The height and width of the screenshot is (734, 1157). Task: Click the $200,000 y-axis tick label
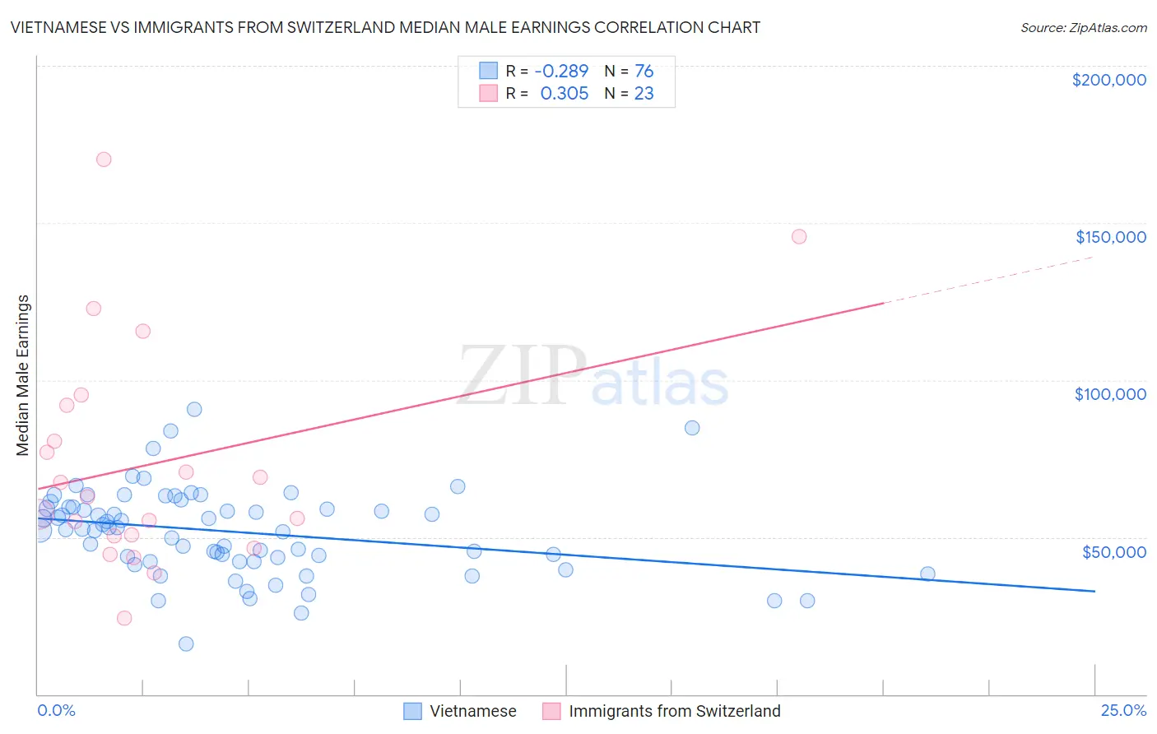pyautogui.click(x=1108, y=80)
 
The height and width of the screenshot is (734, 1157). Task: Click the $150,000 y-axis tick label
pyautogui.click(x=1110, y=237)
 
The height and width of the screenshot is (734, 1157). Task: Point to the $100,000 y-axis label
pyautogui.click(x=1110, y=394)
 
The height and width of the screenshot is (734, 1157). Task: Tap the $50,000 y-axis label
pyautogui.click(x=1113, y=551)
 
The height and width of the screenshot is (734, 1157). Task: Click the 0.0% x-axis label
pyautogui.click(x=56, y=710)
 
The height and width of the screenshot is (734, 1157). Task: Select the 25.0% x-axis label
pyautogui.click(x=1123, y=710)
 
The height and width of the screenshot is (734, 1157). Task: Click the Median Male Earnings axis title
pyautogui.click(x=23, y=375)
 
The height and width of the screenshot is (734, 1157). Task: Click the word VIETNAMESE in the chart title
pyautogui.click(x=58, y=27)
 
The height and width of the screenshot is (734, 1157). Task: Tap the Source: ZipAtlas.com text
pyautogui.click(x=1083, y=28)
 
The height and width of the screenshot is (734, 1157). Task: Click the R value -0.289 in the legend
pyautogui.click(x=561, y=72)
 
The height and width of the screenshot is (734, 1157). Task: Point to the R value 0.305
pyautogui.click(x=564, y=94)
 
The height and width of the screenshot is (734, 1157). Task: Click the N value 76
pyautogui.click(x=644, y=72)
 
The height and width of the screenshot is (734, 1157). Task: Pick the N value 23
pyautogui.click(x=644, y=94)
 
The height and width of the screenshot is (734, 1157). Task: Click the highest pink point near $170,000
pyautogui.click(x=104, y=160)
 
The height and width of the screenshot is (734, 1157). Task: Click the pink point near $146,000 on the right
pyautogui.click(x=799, y=236)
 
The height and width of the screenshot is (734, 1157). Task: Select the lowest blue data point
pyautogui.click(x=186, y=643)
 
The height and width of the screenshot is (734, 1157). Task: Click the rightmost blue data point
pyautogui.click(x=927, y=574)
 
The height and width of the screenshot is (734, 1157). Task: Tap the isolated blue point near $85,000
pyautogui.click(x=692, y=428)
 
